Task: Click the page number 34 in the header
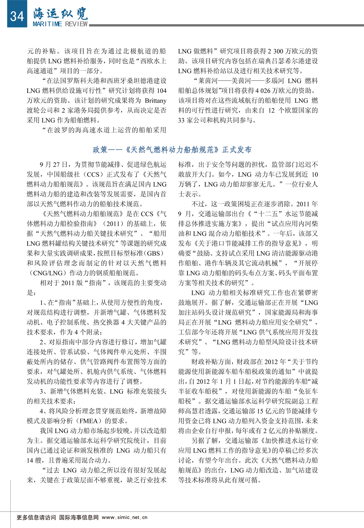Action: click(x=17, y=15)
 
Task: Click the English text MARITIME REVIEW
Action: click(x=60, y=24)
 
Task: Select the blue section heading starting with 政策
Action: click(x=172, y=149)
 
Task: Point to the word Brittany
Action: click(x=156, y=101)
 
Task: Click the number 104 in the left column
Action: click(x=161, y=91)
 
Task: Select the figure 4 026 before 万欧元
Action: click(x=263, y=91)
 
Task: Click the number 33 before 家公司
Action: click(x=181, y=120)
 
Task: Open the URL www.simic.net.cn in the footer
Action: click(x=124, y=517)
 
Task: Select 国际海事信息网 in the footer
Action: click(x=79, y=517)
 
